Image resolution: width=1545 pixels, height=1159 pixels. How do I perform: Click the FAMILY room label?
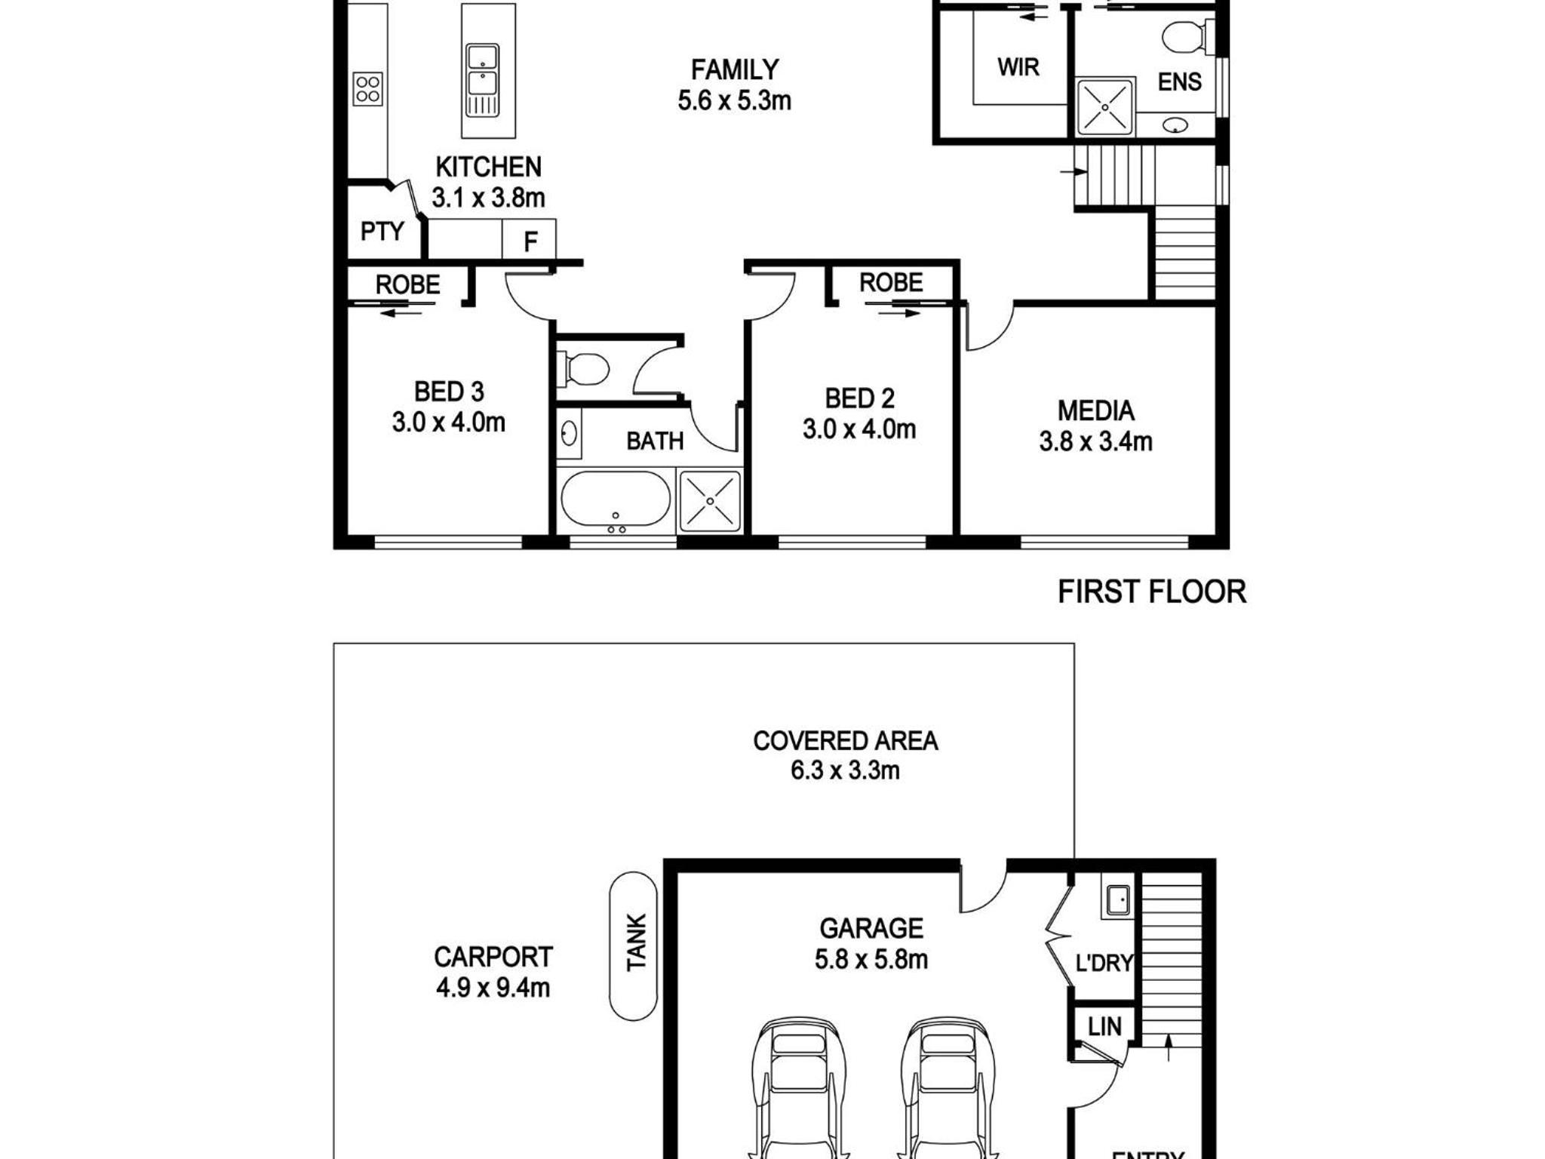(735, 70)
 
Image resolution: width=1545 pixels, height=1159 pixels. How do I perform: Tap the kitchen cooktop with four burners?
(367, 88)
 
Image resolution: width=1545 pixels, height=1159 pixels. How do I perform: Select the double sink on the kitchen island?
(482, 80)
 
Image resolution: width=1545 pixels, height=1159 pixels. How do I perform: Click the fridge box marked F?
(530, 240)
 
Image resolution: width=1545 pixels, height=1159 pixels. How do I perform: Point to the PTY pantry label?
(382, 231)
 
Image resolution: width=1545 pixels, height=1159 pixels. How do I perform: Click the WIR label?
(1018, 67)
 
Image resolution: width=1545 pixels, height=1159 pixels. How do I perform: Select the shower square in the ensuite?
(1105, 107)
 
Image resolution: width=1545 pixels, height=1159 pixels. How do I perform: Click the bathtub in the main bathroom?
(616, 498)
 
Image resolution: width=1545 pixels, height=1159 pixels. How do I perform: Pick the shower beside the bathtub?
(710, 500)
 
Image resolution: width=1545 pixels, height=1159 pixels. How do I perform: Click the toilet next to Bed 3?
(583, 370)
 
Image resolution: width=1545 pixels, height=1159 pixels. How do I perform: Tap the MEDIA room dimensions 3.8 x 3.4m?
(1095, 441)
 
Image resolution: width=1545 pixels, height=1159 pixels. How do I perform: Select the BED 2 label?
(859, 398)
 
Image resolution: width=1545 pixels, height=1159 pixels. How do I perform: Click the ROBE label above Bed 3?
(407, 284)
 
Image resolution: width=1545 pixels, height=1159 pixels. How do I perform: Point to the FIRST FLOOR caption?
(1152, 592)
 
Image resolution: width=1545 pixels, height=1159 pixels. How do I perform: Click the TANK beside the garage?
(634, 945)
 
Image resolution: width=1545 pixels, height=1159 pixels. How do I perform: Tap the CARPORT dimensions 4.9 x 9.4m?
(493, 987)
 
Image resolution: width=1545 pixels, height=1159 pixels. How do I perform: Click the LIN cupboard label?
(1104, 1026)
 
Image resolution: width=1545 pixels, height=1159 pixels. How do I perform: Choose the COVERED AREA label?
(845, 741)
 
